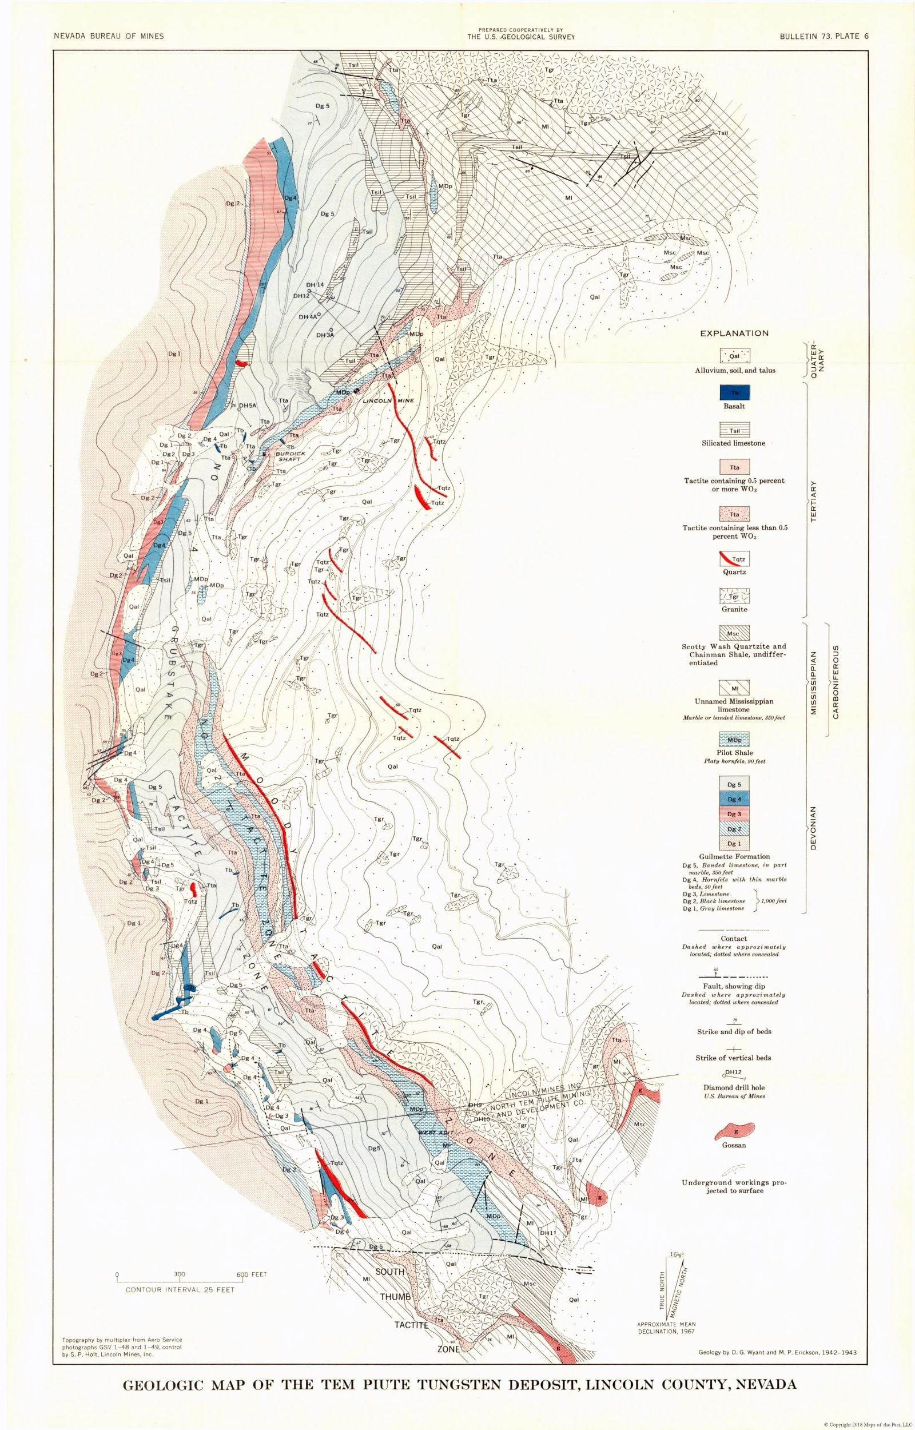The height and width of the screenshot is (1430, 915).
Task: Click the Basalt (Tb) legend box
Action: (x=734, y=393)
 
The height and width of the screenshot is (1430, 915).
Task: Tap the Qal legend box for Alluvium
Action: (x=734, y=356)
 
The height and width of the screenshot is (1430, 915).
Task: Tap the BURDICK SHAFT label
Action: (x=290, y=456)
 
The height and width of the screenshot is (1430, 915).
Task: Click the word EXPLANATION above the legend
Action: (x=734, y=333)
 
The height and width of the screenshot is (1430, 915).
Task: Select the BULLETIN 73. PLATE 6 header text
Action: (x=824, y=36)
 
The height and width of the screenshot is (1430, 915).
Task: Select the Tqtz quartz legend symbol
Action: (x=734, y=558)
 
